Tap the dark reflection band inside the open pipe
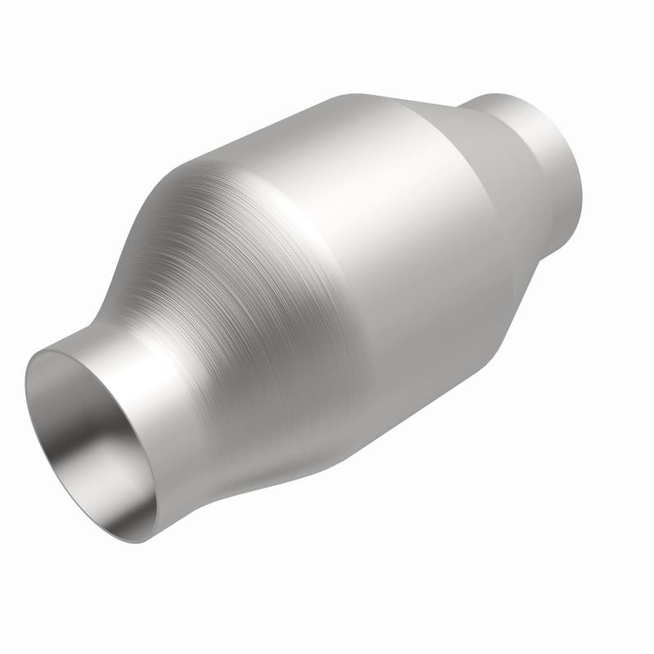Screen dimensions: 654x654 click(x=123, y=458)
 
